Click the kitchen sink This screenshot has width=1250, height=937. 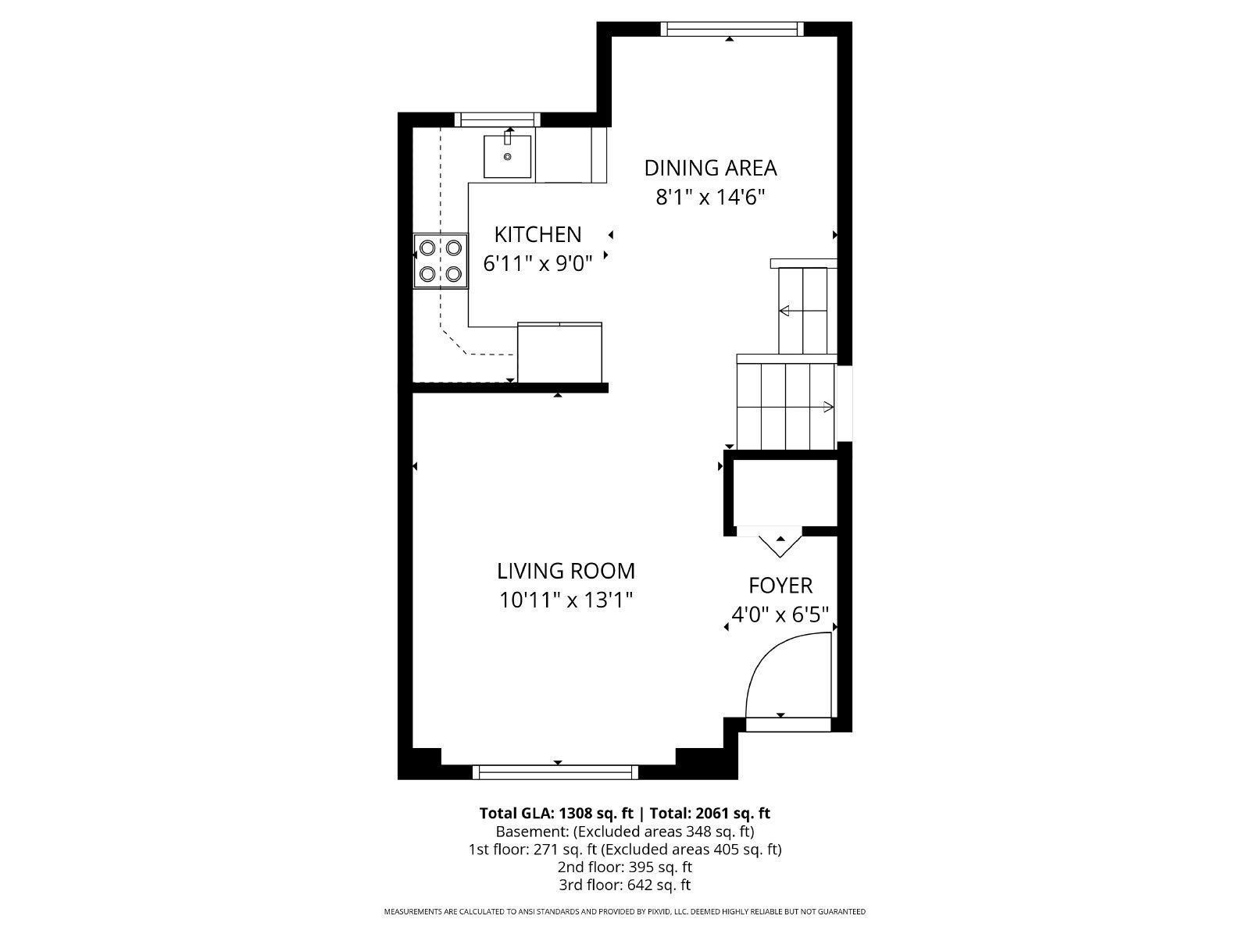[x=507, y=156]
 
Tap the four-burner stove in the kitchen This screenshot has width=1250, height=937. [x=441, y=261]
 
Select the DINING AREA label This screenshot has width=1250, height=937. [x=710, y=168]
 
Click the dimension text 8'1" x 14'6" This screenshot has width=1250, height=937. [x=709, y=197]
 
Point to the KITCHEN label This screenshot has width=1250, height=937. [x=537, y=234]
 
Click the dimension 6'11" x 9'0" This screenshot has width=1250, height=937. [x=537, y=264]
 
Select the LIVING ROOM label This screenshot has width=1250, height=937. [x=566, y=571]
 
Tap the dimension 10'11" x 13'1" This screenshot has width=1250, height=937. [x=566, y=600]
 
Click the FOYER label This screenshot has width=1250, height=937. [x=780, y=586]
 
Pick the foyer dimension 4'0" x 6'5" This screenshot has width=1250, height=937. [x=780, y=615]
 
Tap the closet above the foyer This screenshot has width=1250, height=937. [x=785, y=493]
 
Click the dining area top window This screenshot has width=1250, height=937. [x=731, y=29]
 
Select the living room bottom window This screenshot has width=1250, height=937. [x=555, y=772]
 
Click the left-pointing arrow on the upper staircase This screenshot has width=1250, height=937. [x=784, y=311]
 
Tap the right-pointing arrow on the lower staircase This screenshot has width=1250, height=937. [x=827, y=406]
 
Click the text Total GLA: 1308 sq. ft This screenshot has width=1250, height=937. [x=556, y=813]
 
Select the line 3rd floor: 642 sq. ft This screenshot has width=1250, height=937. [x=624, y=885]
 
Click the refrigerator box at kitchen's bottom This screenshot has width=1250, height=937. [x=559, y=353]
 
